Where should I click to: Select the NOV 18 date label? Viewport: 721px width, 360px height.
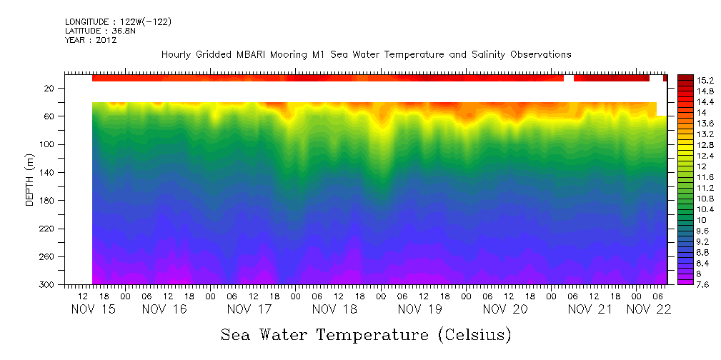pyautogui.click(x=334, y=309)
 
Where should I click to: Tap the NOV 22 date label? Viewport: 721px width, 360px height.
pyautogui.click(x=648, y=309)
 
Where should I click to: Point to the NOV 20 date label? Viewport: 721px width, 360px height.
pyautogui.click(x=505, y=309)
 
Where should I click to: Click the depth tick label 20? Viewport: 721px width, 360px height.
pyautogui.click(x=50, y=89)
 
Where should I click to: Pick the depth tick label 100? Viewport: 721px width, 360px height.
pyautogui.click(x=47, y=145)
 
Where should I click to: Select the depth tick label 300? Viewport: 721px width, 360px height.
pyautogui.click(x=47, y=285)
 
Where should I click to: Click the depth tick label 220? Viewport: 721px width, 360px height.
pyautogui.click(x=47, y=229)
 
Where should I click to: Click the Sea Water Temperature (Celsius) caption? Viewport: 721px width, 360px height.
pyautogui.click(x=366, y=335)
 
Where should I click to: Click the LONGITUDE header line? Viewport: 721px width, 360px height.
pyautogui.click(x=118, y=22)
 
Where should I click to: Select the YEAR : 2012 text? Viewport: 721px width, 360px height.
pyautogui.click(x=91, y=40)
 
